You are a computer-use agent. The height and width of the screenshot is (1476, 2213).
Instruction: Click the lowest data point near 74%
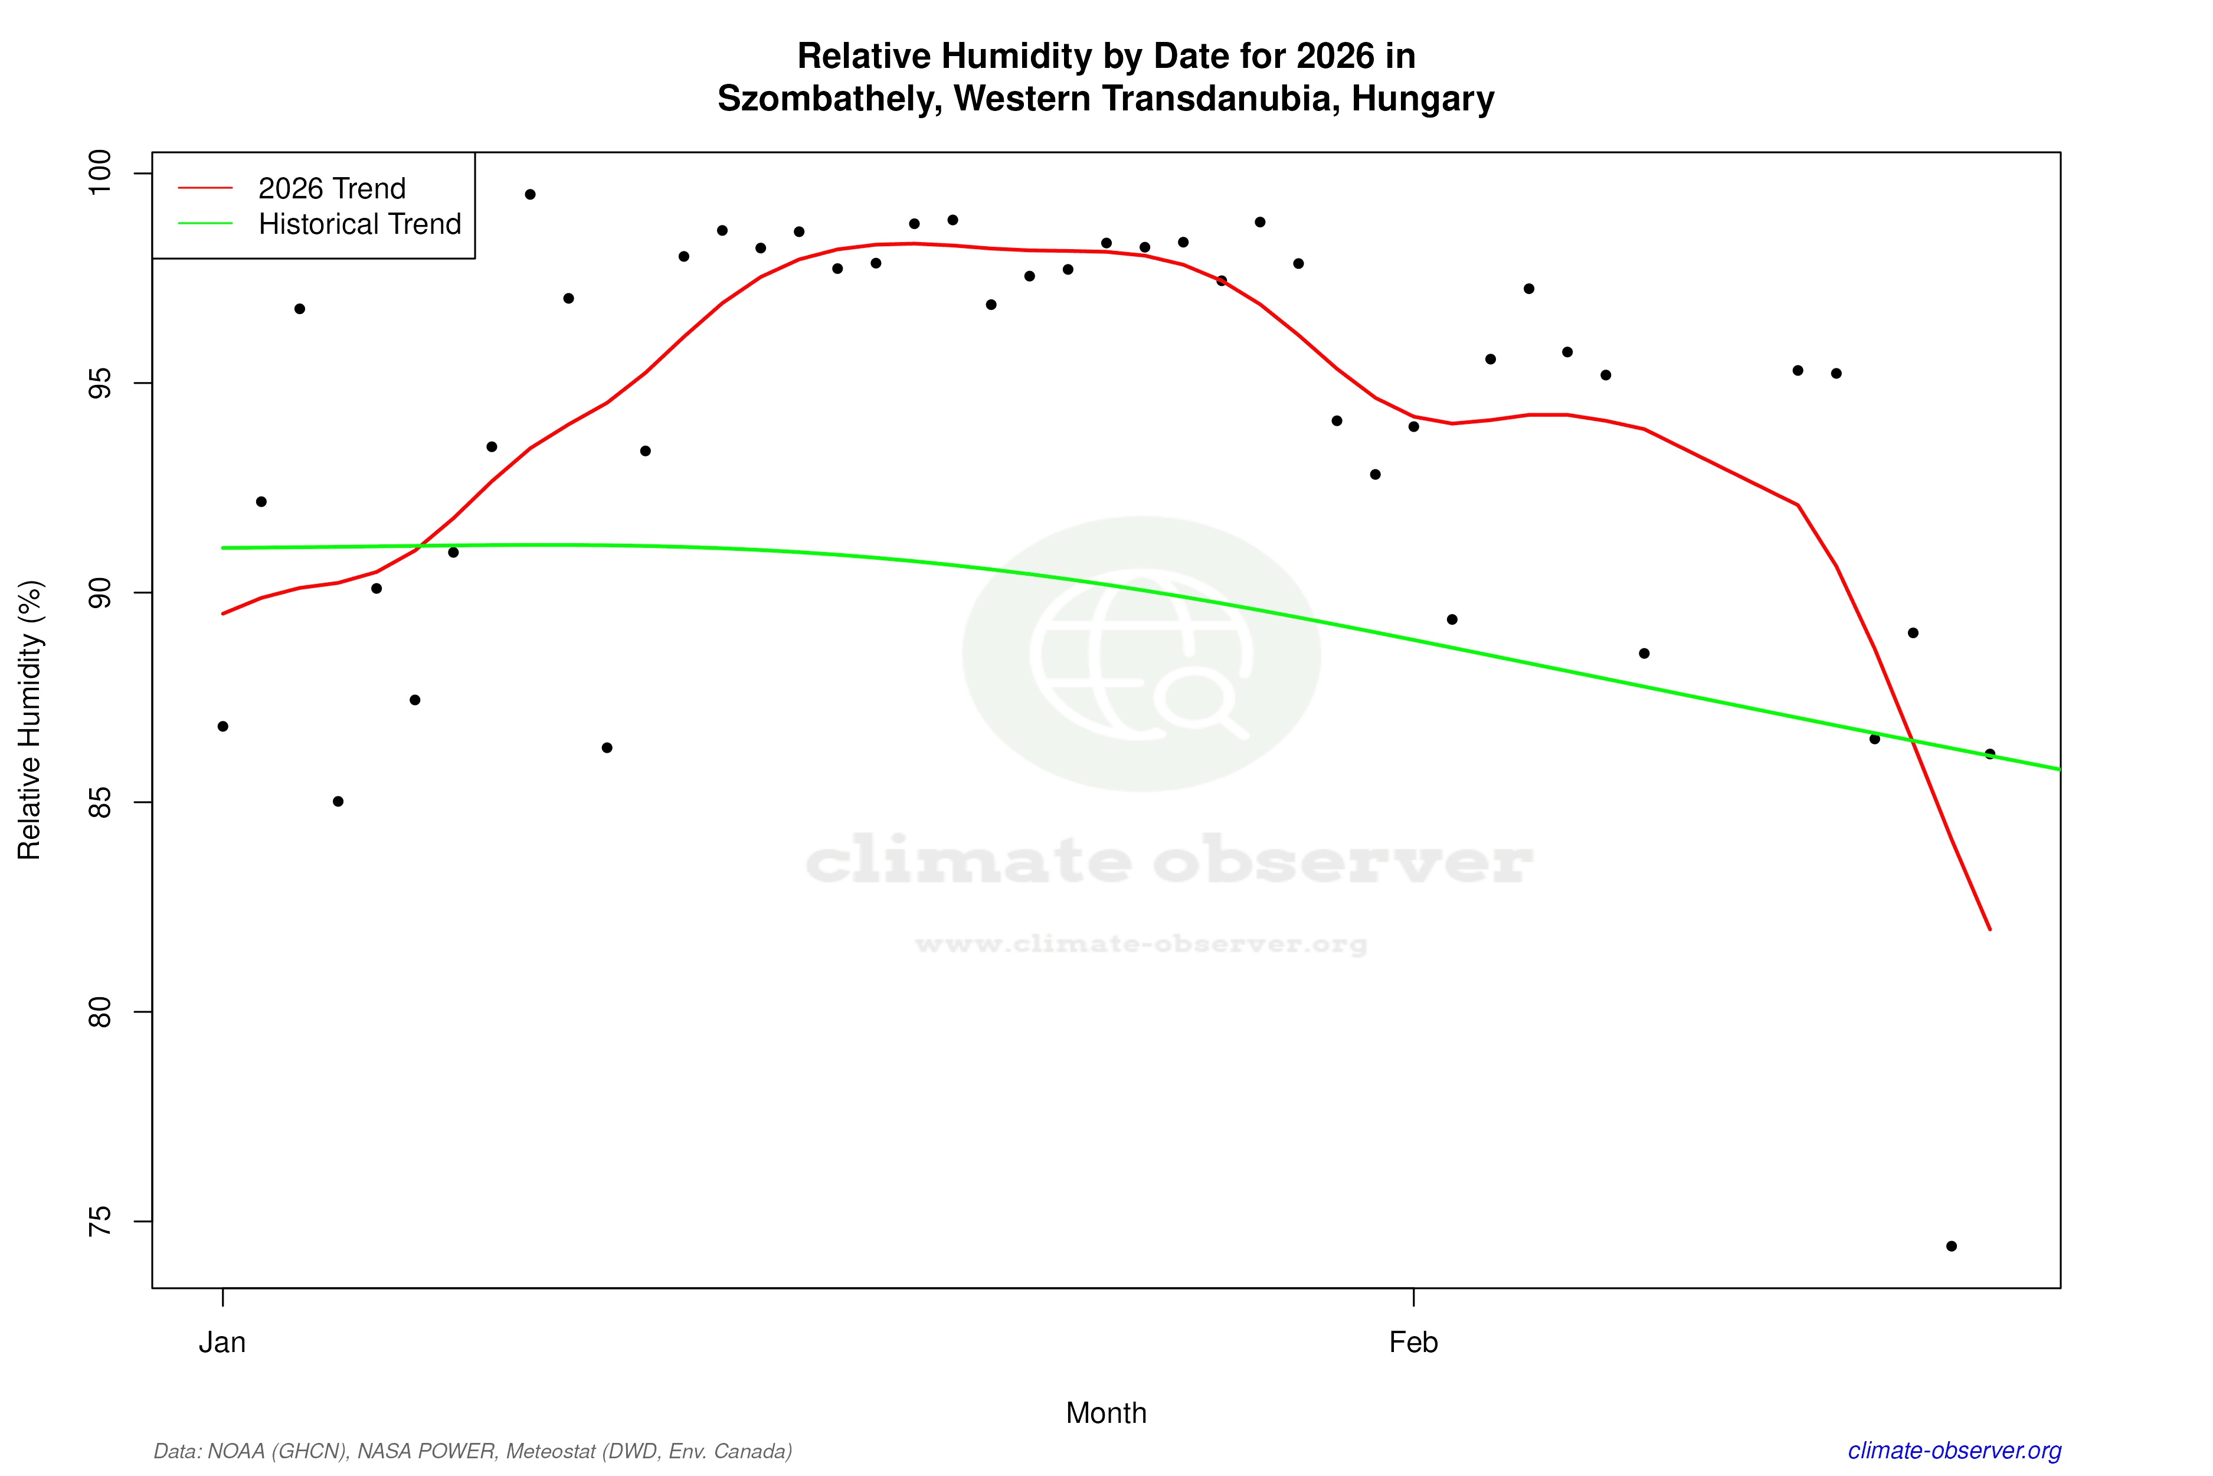pyautogui.click(x=1952, y=1246)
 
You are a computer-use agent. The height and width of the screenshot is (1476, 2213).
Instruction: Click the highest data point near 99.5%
pyautogui.click(x=530, y=195)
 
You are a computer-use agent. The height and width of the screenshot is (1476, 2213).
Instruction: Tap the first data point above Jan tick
pyautogui.click(x=223, y=727)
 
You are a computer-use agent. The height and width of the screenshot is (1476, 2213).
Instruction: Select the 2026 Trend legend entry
pyautogui.click(x=331, y=188)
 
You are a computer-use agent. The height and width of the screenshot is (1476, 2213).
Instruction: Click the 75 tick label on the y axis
pyautogui.click(x=99, y=1222)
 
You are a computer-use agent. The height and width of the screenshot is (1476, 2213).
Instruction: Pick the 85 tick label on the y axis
pyautogui.click(x=99, y=802)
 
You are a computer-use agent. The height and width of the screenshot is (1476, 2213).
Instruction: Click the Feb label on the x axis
pyautogui.click(x=1413, y=1343)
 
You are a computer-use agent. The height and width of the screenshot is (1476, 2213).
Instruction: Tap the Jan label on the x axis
pyautogui.click(x=223, y=1343)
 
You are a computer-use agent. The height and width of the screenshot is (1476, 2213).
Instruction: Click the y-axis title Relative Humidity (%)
pyautogui.click(x=30, y=720)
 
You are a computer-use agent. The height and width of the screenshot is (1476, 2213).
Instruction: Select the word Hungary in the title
pyautogui.click(x=1423, y=99)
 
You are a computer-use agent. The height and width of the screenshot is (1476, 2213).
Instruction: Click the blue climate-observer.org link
pyautogui.click(x=1955, y=1451)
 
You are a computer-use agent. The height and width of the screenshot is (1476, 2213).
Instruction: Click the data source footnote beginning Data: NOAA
pyautogui.click(x=472, y=1451)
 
